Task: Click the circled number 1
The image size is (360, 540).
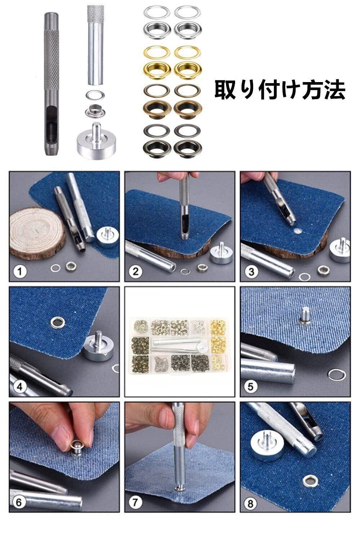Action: tap(20, 272)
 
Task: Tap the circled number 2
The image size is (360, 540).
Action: tap(135, 272)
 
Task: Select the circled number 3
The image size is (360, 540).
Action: tap(251, 272)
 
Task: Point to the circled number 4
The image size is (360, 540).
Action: tap(19, 386)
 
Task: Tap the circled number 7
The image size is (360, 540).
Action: tap(135, 502)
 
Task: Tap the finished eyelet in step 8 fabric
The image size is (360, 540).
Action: tap(310, 481)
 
